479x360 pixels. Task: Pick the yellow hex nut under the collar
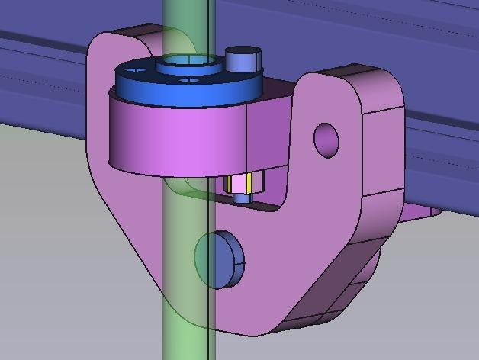point(243,184)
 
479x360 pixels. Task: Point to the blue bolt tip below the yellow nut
point(243,198)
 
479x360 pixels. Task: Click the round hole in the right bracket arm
point(326,140)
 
